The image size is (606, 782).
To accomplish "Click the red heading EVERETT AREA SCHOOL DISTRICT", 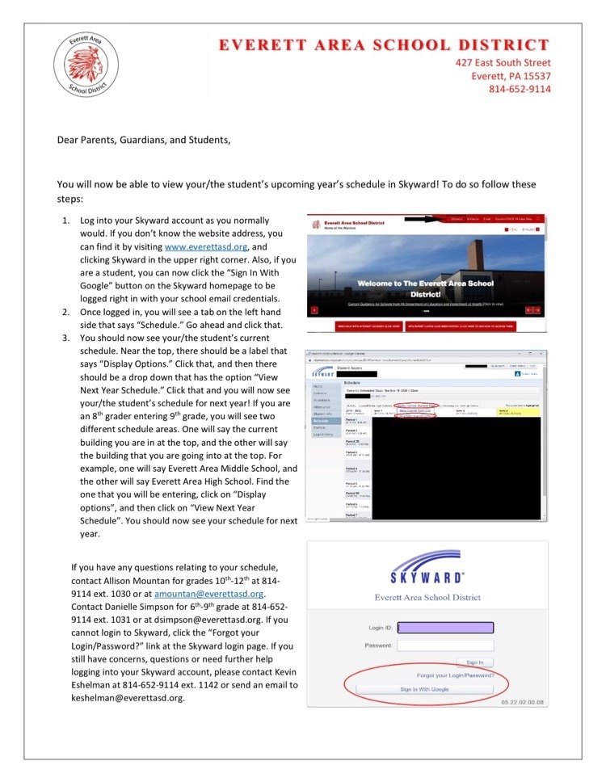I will click(385, 44).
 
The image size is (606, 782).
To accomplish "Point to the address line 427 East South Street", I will click(503, 62).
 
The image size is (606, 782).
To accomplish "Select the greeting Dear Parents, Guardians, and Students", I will click(143, 140).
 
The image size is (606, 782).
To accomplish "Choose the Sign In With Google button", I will click(424, 689).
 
